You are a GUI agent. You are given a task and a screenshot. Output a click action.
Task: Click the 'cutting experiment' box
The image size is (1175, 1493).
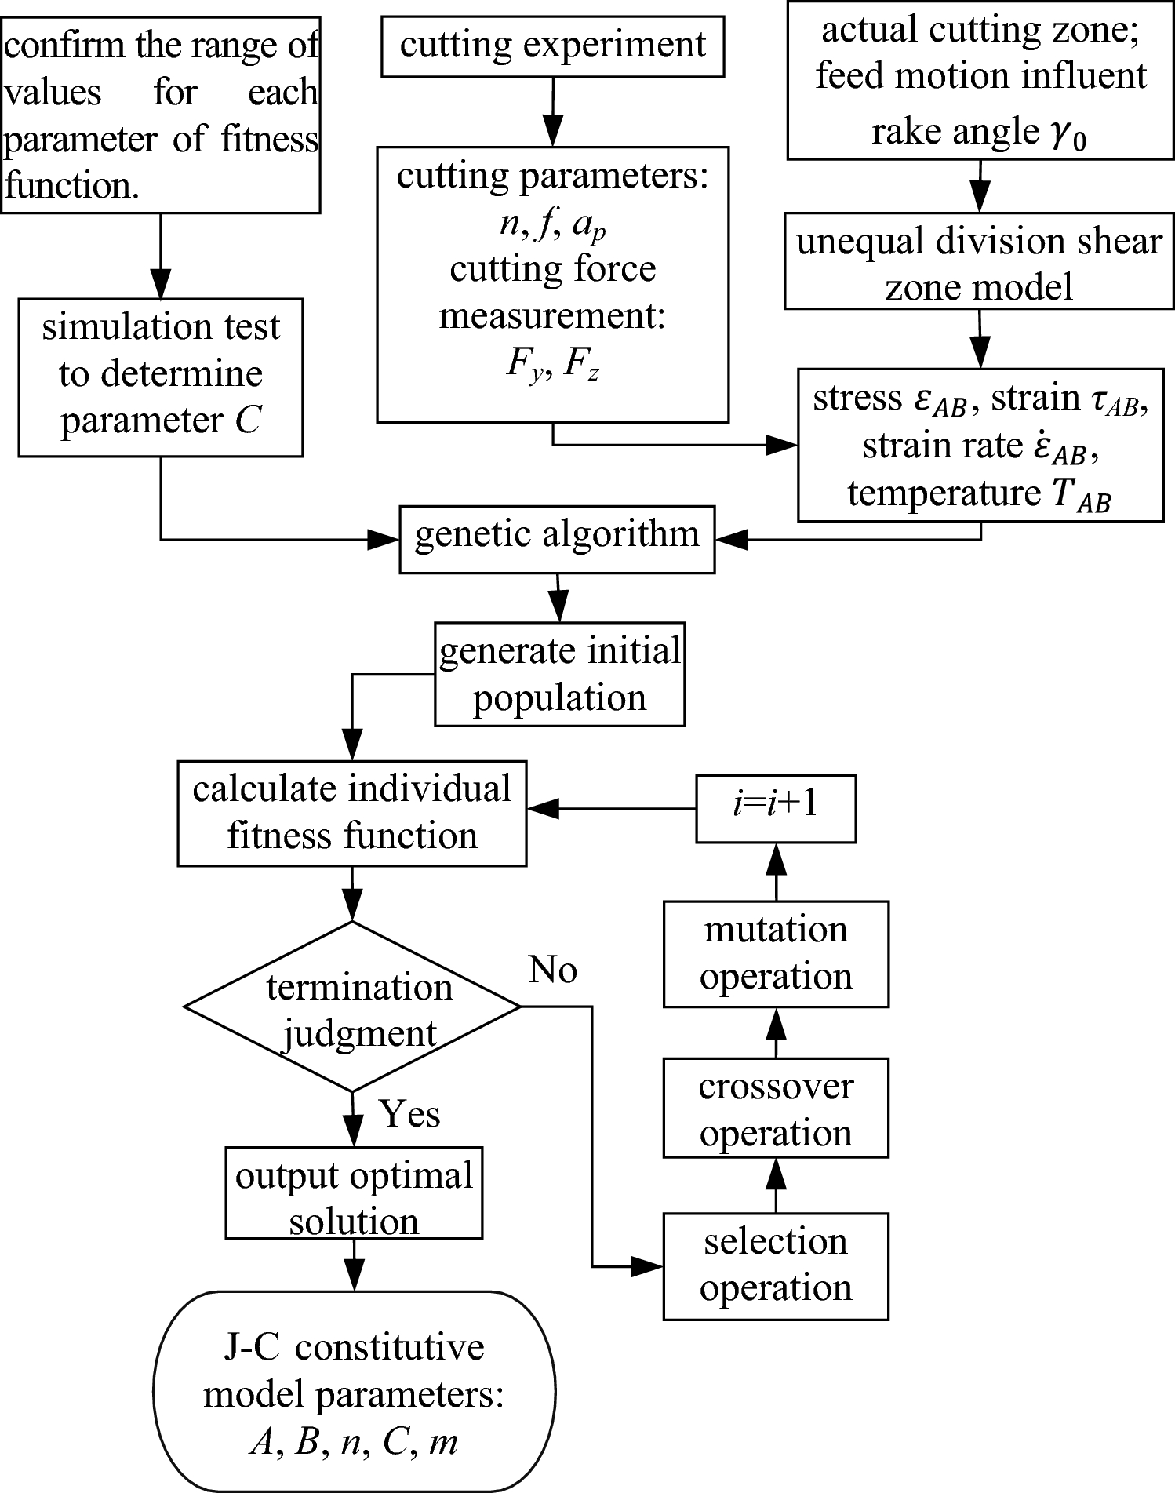(552, 46)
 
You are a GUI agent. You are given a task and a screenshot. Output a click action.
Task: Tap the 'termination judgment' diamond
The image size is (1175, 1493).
(352, 1007)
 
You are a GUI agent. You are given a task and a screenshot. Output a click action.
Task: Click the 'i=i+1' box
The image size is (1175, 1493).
(775, 808)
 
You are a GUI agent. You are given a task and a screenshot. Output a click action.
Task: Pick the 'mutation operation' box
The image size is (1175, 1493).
(775, 953)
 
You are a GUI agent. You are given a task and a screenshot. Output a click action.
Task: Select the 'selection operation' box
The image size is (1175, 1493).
(775, 1265)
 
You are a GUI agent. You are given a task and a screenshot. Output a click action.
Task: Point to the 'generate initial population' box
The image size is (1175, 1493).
(559, 674)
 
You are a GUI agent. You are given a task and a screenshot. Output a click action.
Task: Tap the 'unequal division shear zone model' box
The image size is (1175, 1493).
(979, 264)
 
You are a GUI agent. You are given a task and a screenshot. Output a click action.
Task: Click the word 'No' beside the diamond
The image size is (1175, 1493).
(552, 971)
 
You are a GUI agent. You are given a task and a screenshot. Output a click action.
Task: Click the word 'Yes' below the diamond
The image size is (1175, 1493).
(409, 1114)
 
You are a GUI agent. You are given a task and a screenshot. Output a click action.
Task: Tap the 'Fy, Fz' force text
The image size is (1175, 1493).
(552, 366)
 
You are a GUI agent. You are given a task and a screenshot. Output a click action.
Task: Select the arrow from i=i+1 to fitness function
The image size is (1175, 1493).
(612, 808)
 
